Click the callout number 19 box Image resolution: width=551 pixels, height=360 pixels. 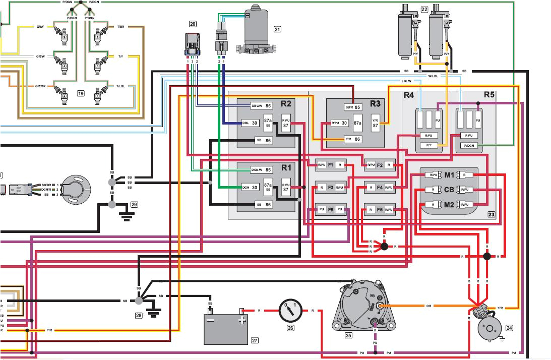(80, 93)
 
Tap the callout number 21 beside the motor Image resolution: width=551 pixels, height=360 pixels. (277, 29)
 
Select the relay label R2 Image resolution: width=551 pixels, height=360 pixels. (286, 104)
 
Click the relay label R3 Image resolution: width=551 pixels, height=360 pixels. (375, 104)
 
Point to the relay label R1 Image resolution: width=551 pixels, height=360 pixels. (286, 167)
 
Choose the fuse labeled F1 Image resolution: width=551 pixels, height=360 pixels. (331, 165)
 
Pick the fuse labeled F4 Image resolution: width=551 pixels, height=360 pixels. (379, 188)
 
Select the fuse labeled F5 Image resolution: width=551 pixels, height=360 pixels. (331, 209)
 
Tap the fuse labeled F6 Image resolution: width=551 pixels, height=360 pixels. (379, 209)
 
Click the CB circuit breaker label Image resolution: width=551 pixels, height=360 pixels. (449, 190)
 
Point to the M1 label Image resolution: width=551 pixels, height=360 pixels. (449, 175)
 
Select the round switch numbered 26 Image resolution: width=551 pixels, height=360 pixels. (290, 311)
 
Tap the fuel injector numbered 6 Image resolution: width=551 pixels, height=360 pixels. (64, 36)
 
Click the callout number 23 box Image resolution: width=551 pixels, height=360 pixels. (491, 214)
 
